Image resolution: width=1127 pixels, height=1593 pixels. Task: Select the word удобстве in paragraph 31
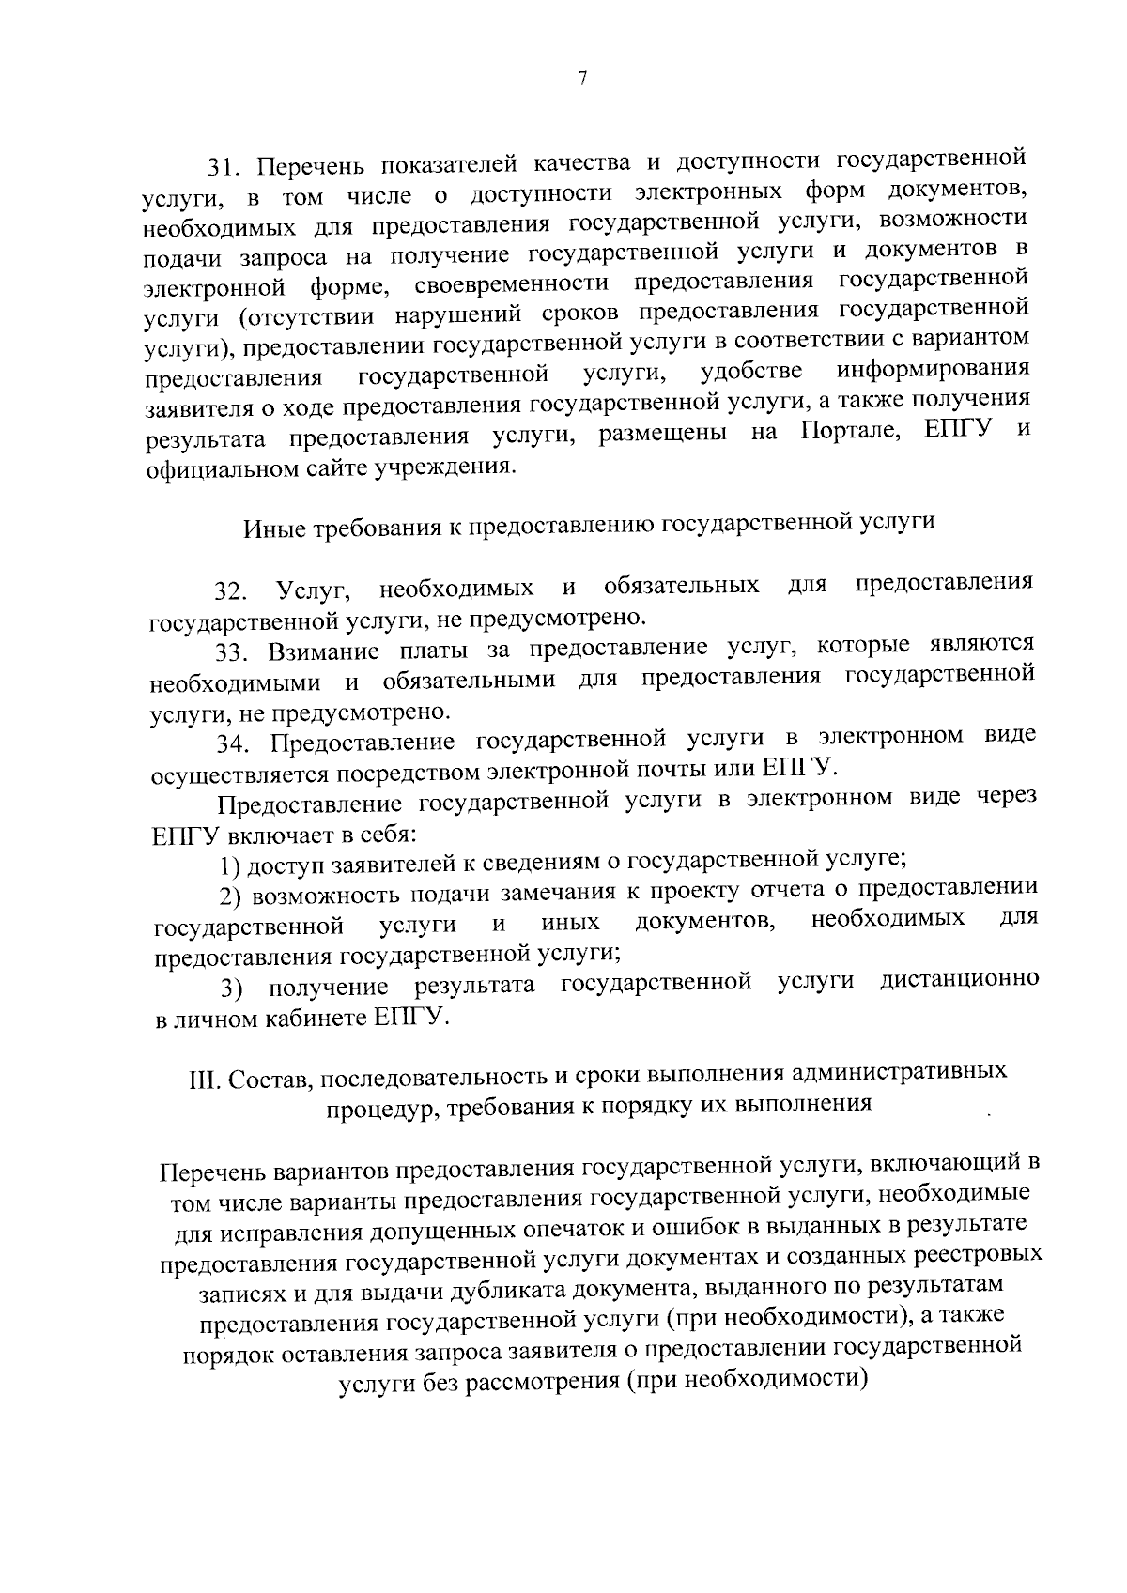click(x=751, y=371)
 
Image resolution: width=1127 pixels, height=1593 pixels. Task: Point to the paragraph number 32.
click(x=230, y=592)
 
